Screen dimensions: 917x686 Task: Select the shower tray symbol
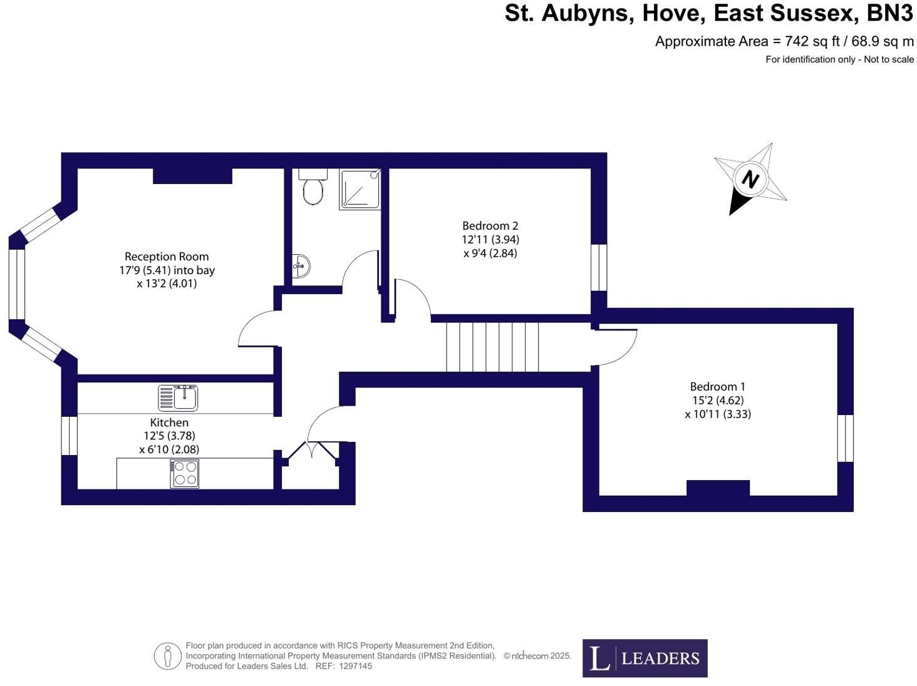(x=360, y=188)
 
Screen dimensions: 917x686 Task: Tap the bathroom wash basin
(x=301, y=265)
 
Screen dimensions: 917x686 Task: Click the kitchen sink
(x=177, y=397)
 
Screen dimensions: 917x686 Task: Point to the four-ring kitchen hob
(x=184, y=474)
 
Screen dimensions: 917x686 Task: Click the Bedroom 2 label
(x=490, y=226)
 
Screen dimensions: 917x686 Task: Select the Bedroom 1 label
(x=717, y=386)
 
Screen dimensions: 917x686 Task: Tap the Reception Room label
(x=167, y=256)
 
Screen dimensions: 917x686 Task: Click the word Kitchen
(x=169, y=422)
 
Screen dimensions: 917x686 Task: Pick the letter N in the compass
(x=750, y=180)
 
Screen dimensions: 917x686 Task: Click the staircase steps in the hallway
(x=492, y=347)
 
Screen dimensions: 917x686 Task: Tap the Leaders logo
(x=645, y=658)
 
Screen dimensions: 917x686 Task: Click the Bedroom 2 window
(x=599, y=267)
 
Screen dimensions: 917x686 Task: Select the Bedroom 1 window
(x=845, y=438)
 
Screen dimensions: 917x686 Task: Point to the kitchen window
(x=70, y=436)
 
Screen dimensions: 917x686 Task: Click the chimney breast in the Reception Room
(x=192, y=176)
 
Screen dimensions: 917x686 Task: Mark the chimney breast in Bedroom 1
(x=718, y=488)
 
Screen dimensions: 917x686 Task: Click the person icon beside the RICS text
(x=167, y=657)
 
